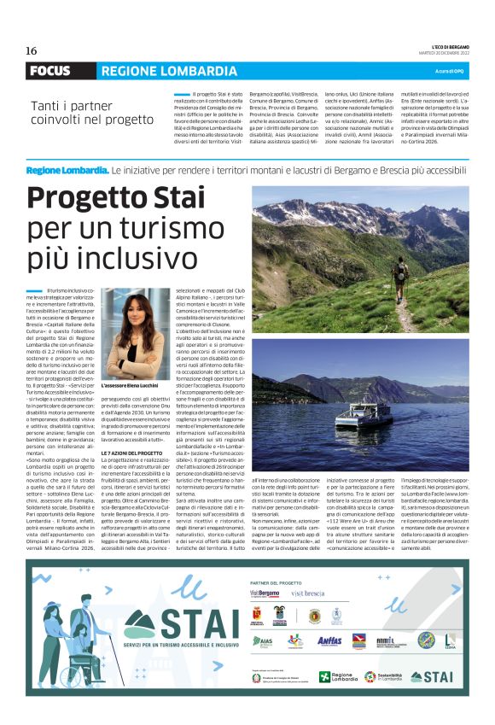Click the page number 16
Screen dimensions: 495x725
coord(31,50)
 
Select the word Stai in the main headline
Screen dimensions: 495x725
coord(178,199)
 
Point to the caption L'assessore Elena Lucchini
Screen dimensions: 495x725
coord(133,386)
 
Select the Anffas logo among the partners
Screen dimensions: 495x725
coord(329,641)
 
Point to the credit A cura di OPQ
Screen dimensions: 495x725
coord(449,71)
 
